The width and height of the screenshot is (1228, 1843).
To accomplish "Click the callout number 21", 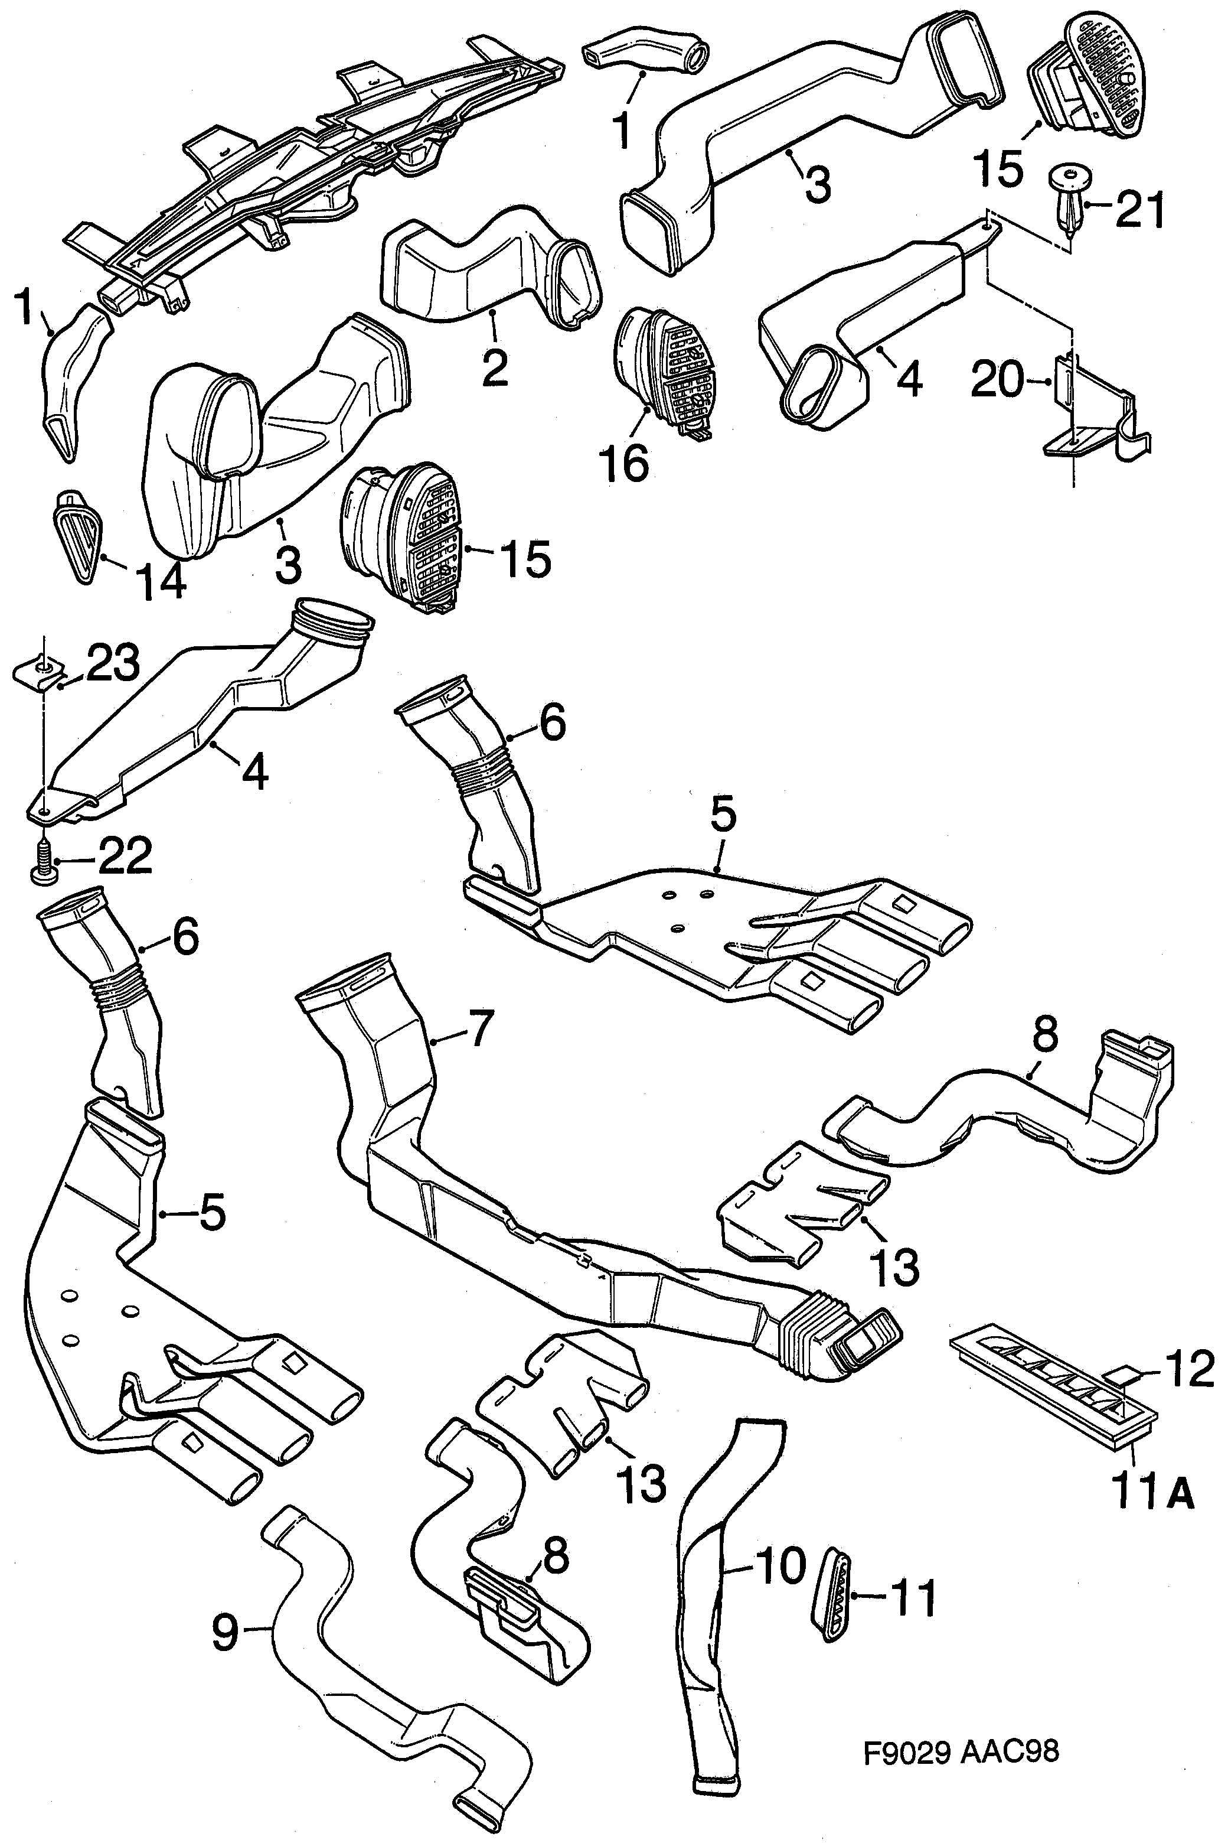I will point(1140,210).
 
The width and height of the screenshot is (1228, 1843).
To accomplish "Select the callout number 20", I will point(997,382).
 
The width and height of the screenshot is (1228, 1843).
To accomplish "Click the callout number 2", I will point(495,366).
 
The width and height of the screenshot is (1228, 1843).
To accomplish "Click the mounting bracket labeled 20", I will point(1096,415).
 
